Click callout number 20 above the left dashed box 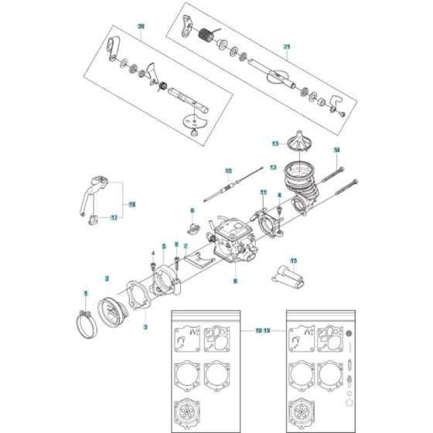(x=140, y=27)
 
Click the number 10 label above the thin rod (x=228, y=170)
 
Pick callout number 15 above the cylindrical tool (x=293, y=260)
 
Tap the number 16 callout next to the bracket (x=132, y=205)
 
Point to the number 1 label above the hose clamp (x=87, y=292)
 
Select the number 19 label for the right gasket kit (x=268, y=330)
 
